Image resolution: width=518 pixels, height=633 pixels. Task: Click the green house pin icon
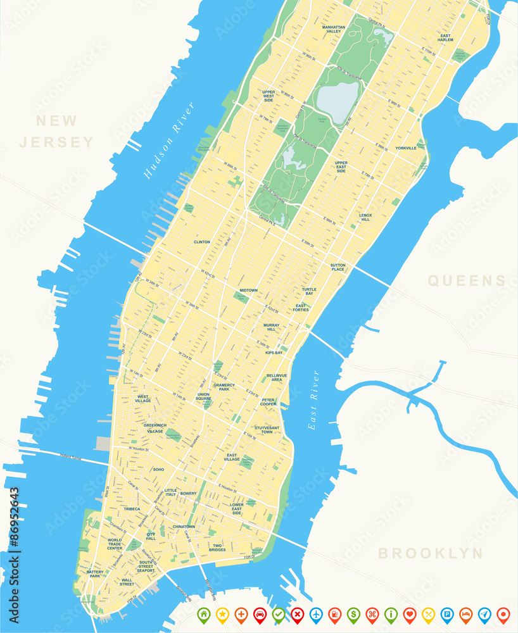point(203,613)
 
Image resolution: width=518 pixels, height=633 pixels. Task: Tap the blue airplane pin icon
point(316,613)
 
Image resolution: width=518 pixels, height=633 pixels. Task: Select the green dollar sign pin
point(353,613)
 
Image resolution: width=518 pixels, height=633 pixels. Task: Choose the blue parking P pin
point(447,613)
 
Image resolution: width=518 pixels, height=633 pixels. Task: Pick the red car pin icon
point(260,613)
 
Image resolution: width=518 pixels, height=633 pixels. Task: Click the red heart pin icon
point(410,613)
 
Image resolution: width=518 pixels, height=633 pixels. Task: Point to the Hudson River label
point(168,140)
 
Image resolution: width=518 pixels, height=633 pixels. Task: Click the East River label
point(313,400)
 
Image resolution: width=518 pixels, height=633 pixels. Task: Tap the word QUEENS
point(467,281)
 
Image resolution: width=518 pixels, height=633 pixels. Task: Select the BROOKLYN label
point(430,553)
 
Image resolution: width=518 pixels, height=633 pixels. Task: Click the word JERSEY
point(56,142)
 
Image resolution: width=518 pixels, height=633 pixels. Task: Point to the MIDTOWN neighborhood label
point(248,291)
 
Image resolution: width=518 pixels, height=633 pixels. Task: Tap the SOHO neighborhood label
point(158,470)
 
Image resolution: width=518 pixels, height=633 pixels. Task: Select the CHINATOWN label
point(184,527)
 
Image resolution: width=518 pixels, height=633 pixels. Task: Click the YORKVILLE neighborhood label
point(406,148)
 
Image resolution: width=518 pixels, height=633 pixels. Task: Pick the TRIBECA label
point(132,509)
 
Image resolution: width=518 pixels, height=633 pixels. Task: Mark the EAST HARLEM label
point(446,37)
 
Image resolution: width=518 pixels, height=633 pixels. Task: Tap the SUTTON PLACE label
point(338,267)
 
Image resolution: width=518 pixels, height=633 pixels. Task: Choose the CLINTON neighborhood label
point(202,242)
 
